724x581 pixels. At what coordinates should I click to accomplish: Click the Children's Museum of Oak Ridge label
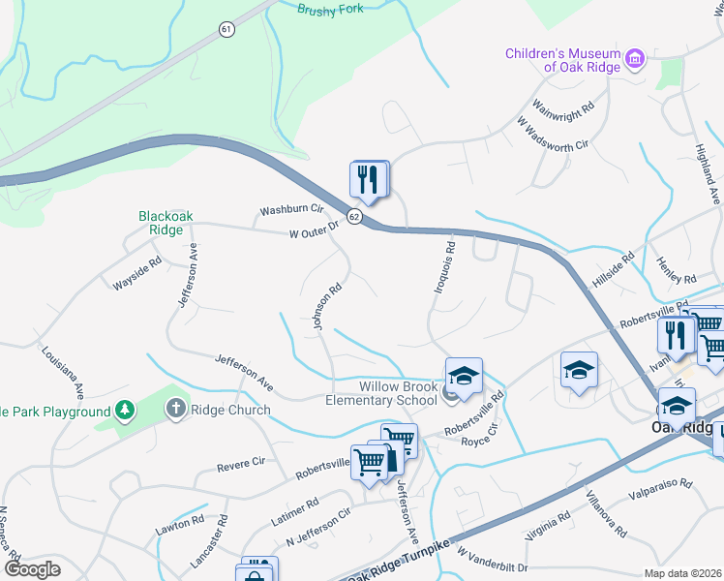point(563,60)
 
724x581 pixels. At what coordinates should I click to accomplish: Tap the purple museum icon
point(635,60)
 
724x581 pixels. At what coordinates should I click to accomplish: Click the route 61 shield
point(226,30)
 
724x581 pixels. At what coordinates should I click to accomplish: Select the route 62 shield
point(354,217)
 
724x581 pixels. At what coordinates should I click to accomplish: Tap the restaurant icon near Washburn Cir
point(369,179)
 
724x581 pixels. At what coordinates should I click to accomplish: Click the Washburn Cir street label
point(290,209)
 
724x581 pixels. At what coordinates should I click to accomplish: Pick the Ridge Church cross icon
point(175,409)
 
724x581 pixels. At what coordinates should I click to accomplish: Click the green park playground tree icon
point(124,412)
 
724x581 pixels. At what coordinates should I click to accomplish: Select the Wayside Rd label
point(136,275)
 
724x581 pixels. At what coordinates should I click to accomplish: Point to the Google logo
point(32,569)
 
